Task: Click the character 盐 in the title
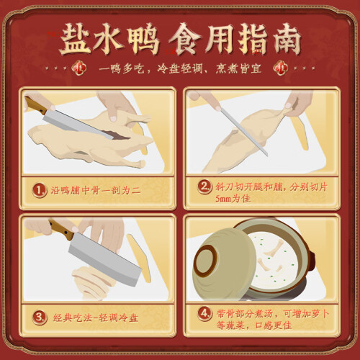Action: [75, 39]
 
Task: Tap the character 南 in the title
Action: [287, 39]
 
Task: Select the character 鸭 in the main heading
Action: [143, 39]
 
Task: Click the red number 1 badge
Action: [40, 191]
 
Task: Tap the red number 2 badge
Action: [204, 186]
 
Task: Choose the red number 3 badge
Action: [40, 318]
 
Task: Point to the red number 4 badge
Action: [204, 314]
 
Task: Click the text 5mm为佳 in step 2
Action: [233, 199]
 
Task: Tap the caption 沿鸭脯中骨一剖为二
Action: [96, 191]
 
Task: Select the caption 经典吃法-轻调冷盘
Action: [96, 318]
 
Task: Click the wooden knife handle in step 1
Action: [35, 105]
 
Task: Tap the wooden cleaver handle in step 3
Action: [62, 229]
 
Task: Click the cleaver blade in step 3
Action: [103, 259]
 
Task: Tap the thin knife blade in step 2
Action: [244, 132]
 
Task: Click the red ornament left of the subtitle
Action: [79, 68]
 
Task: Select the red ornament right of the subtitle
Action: [280, 68]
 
